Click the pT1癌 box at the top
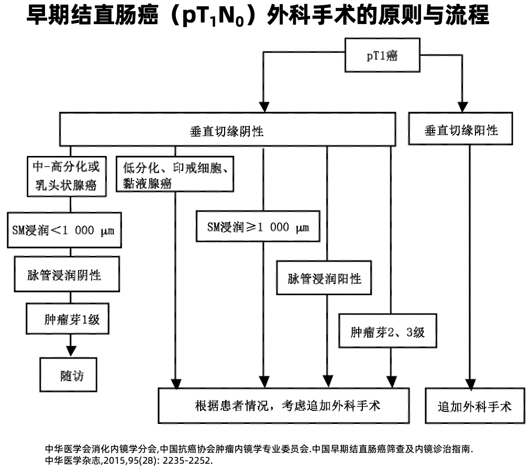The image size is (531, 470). tap(382, 55)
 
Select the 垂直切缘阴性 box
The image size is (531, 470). tap(227, 129)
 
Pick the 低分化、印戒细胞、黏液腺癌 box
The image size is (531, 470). tap(175, 175)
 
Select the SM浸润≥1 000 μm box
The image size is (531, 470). tap(258, 226)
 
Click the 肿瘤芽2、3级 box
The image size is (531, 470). tap(387, 331)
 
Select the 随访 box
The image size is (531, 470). tap(69, 375)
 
